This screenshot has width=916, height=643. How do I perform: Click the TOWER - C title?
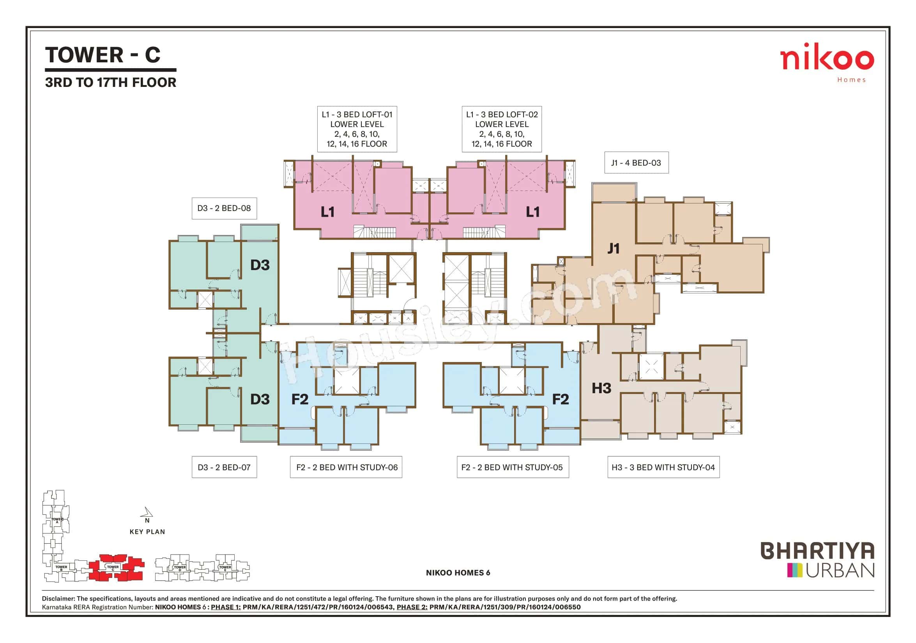pos(103,55)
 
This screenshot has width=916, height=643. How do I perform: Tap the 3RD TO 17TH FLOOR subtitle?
pos(111,83)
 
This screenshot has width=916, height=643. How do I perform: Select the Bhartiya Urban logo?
pos(818,560)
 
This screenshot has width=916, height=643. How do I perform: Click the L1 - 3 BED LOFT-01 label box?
pos(357,129)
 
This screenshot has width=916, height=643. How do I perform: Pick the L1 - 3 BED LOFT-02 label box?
pos(502,129)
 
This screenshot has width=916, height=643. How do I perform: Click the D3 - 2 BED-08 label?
pos(224,208)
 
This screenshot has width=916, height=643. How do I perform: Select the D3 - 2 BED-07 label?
pos(224,467)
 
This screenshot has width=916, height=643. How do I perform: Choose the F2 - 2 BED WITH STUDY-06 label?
pos(346,467)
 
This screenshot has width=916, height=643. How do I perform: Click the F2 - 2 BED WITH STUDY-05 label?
pos(512,467)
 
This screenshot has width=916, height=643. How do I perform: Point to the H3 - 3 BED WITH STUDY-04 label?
pos(663,467)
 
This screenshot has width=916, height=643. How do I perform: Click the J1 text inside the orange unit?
pos(613,249)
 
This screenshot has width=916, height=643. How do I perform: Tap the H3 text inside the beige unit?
pos(601,388)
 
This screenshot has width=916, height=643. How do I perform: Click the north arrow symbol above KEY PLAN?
pos(147,512)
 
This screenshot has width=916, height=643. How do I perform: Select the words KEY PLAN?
pos(147,532)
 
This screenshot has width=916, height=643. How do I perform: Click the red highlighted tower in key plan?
pos(116,567)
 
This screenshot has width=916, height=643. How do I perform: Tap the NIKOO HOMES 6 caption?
pos(458,573)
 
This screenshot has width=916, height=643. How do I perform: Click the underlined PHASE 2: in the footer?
pos(412,607)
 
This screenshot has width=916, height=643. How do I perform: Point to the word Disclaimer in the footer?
pos(58,599)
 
